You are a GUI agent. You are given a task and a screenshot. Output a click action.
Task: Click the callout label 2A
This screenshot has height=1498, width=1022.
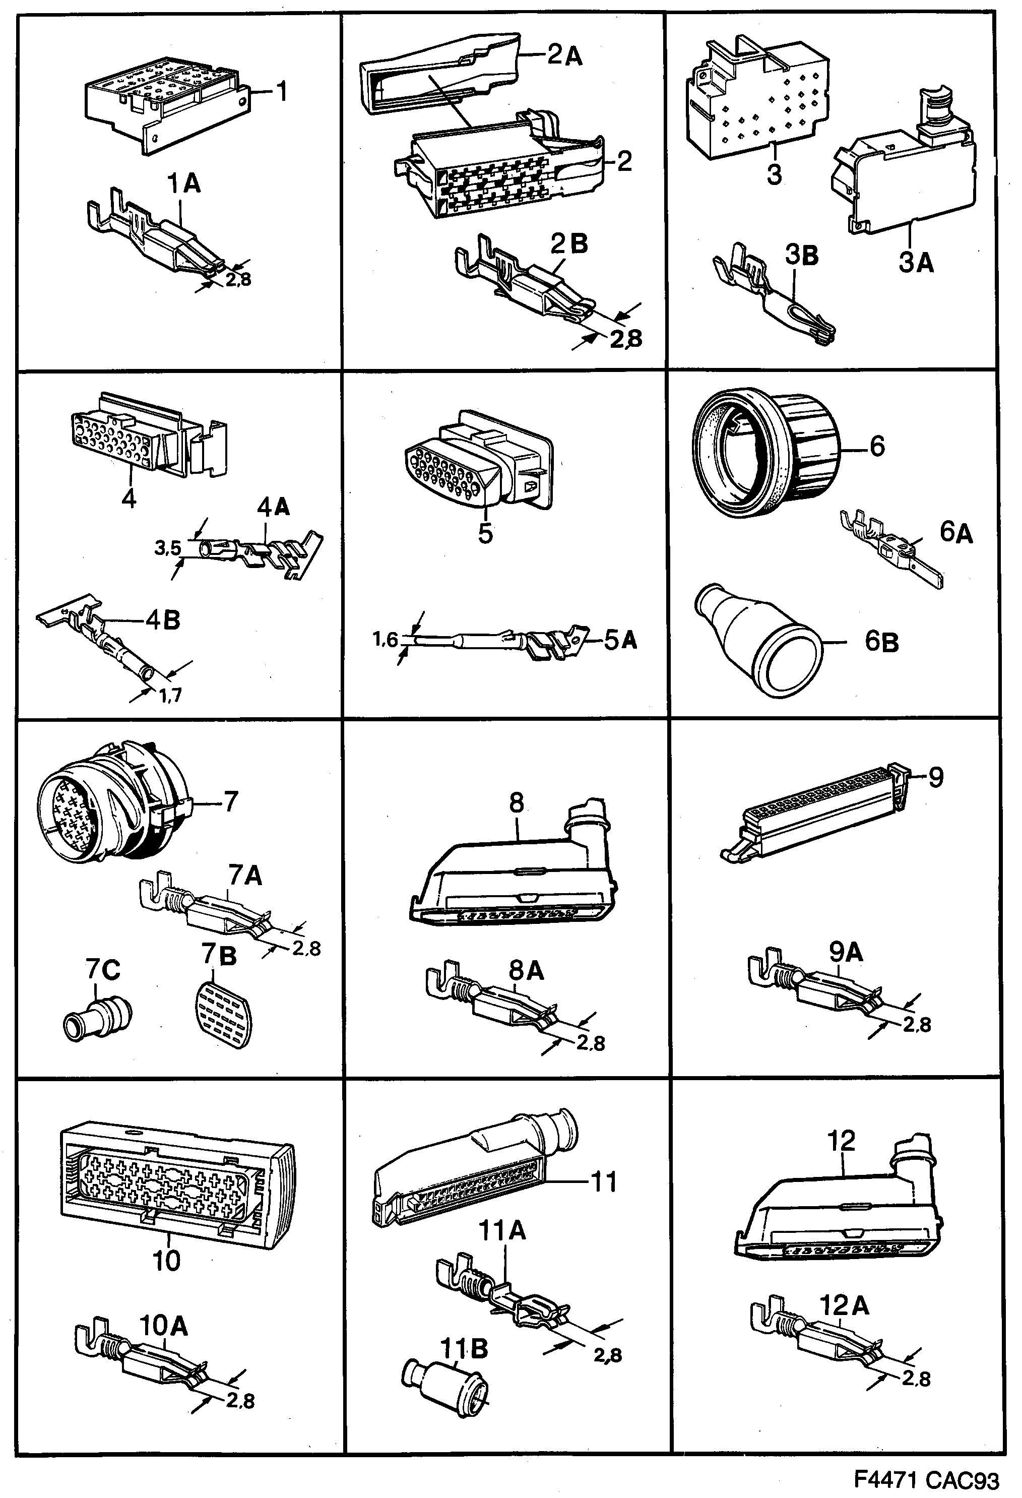[565, 56]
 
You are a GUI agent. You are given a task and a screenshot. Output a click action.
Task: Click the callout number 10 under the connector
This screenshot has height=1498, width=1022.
[166, 1260]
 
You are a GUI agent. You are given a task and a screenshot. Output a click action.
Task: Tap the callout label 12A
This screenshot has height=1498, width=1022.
[844, 1306]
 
